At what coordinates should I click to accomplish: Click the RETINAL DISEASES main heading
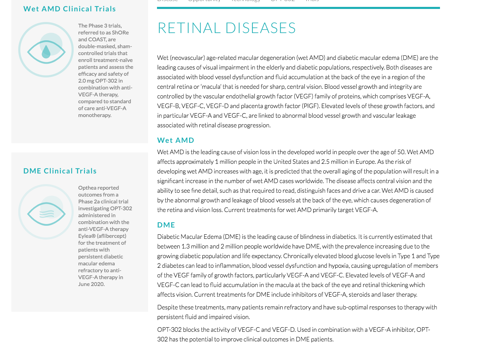click(x=227, y=28)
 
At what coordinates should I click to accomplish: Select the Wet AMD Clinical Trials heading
click(x=70, y=9)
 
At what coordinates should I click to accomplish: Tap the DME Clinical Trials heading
click(x=60, y=171)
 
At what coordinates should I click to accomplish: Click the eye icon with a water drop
click(x=46, y=50)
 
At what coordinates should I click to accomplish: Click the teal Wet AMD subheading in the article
click(x=176, y=140)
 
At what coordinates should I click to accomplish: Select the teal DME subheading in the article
click(x=166, y=225)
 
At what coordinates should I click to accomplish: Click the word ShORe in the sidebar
click(x=120, y=33)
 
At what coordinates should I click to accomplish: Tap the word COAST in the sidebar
click(x=97, y=40)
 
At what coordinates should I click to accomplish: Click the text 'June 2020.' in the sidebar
click(x=91, y=284)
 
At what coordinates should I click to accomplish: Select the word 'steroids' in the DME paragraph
click(x=359, y=295)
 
